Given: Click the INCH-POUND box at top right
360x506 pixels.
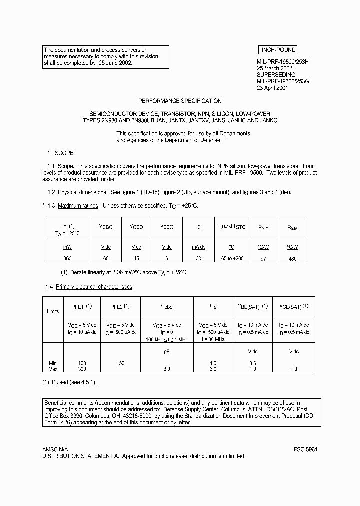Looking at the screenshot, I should [278, 50].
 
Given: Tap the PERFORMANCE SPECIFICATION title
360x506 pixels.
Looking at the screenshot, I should [180, 101].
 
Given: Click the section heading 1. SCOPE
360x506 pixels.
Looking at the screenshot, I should [60, 153].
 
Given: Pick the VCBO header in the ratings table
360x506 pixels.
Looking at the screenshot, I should [106, 226].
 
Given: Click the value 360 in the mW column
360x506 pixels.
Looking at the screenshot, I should [67, 258].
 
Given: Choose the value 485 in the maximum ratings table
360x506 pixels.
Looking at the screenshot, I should [292, 258].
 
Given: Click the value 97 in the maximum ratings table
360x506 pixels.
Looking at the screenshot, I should [263, 258].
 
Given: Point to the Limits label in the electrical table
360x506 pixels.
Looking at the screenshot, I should [53, 311].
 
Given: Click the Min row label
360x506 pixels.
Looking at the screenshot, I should [53, 363].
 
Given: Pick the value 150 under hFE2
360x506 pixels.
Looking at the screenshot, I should [120, 363].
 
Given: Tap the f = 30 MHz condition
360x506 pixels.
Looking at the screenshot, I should [214, 339].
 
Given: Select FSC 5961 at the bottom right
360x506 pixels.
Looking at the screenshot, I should [306, 449].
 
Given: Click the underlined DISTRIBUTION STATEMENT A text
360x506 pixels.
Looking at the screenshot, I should [80, 456].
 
